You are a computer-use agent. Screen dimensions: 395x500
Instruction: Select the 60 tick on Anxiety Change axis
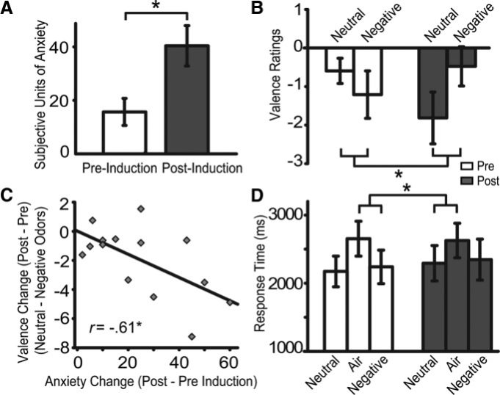point(230,363)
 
